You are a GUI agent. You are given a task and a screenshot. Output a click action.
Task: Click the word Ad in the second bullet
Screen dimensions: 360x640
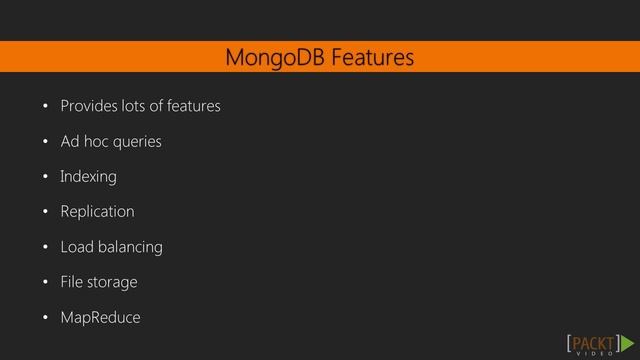70,141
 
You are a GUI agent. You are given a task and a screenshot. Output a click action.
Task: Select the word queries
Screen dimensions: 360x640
137,142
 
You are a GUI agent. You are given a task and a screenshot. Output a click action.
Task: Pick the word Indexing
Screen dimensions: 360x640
88,177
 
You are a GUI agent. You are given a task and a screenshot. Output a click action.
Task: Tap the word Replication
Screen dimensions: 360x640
97,212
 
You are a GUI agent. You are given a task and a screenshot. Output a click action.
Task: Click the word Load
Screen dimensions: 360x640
76,247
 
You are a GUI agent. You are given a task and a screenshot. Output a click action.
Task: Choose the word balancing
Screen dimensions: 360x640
129,247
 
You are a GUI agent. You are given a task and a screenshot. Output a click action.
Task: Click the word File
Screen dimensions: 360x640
71,282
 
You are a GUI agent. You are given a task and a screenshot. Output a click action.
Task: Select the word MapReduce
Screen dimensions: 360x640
100,318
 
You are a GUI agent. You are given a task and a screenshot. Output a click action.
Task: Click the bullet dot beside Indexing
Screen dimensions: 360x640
45,178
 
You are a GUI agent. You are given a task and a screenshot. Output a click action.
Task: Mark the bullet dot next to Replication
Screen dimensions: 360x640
45,213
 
